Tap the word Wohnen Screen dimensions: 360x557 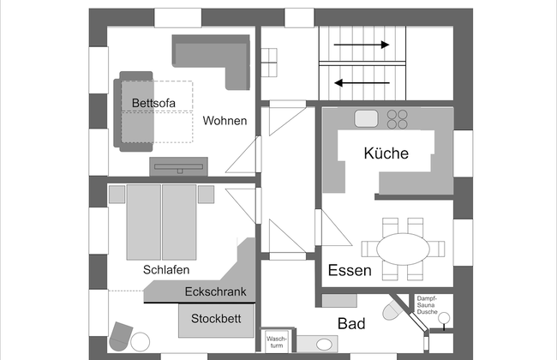point(225,121)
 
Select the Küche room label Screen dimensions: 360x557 point(386,154)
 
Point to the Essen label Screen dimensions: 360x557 point(350,271)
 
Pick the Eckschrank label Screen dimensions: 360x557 point(215,292)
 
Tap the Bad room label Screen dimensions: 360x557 point(351,324)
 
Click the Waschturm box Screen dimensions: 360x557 point(275,342)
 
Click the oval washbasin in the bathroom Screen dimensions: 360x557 point(325,345)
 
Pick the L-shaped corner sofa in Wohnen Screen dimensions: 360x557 point(214,56)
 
